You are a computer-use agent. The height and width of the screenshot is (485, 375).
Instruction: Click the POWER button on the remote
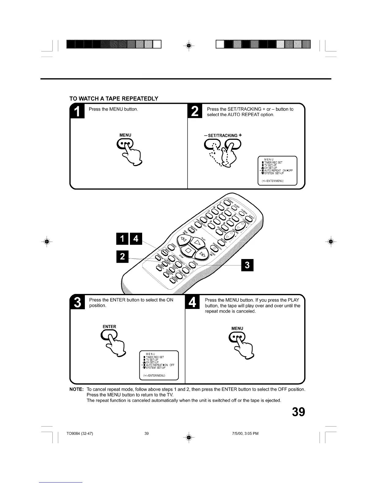click(x=228, y=202)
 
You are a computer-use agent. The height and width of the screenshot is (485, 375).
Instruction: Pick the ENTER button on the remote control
click(x=192, y=264)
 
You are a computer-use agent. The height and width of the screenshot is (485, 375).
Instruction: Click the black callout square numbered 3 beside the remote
click(x=248, y=265)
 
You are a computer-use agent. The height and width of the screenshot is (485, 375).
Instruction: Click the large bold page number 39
click(x=298, y=412)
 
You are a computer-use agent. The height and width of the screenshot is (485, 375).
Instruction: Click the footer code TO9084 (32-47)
click(x=80, y=434)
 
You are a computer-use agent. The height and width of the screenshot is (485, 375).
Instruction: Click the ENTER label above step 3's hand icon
click(x=109, y=327)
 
